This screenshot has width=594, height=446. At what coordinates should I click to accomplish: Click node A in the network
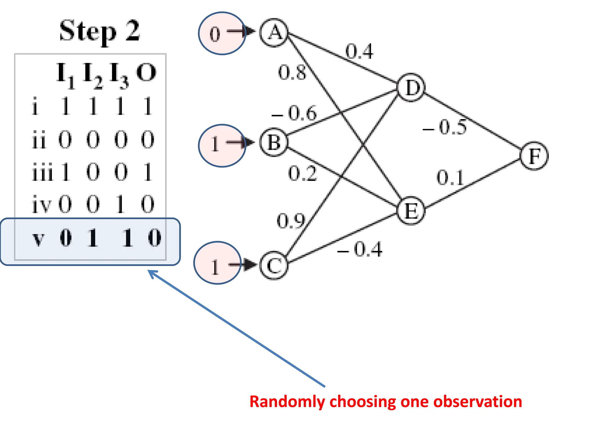[274, 33]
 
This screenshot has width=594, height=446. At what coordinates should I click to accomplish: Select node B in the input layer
[274, 142]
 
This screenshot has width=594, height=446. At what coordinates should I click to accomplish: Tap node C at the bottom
[274, 265]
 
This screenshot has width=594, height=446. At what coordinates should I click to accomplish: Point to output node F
[534, 156]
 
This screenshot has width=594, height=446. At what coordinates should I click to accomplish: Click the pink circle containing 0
[222, 33]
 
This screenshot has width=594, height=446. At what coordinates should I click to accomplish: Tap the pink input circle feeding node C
[218, 263]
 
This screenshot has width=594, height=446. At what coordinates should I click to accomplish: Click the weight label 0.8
[292, 72]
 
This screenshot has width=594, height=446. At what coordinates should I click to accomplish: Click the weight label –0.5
[445, 127]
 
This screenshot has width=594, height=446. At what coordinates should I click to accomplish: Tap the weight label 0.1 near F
[450, 178]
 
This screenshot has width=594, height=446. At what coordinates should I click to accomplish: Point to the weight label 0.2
[302, 174]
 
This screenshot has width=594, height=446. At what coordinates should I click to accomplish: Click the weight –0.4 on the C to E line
[360, 249]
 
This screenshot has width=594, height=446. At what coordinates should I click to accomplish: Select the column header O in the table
[146, 73]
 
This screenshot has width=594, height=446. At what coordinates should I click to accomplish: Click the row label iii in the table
[42, 172]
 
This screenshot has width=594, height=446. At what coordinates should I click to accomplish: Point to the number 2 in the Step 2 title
[133, 30]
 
